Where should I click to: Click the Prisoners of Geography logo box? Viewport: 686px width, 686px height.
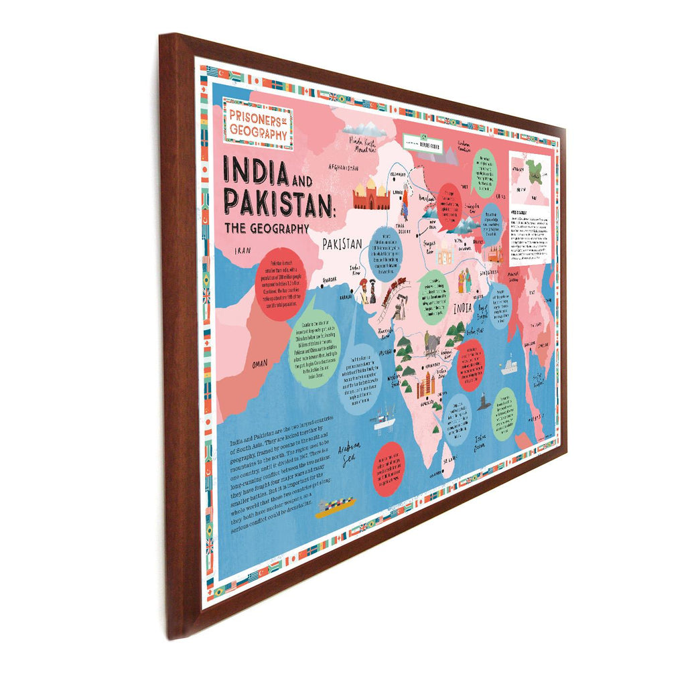coord(259,123)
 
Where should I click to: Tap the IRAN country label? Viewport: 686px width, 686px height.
coord(242,251)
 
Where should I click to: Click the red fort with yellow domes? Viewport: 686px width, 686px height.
coord(370,196)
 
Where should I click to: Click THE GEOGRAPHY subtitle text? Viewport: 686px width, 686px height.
coord(267,228)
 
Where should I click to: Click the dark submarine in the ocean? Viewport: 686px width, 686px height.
coord(483,403)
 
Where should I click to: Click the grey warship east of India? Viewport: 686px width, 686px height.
coord(511,366)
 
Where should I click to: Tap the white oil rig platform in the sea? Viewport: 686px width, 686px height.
coord(384,420)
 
